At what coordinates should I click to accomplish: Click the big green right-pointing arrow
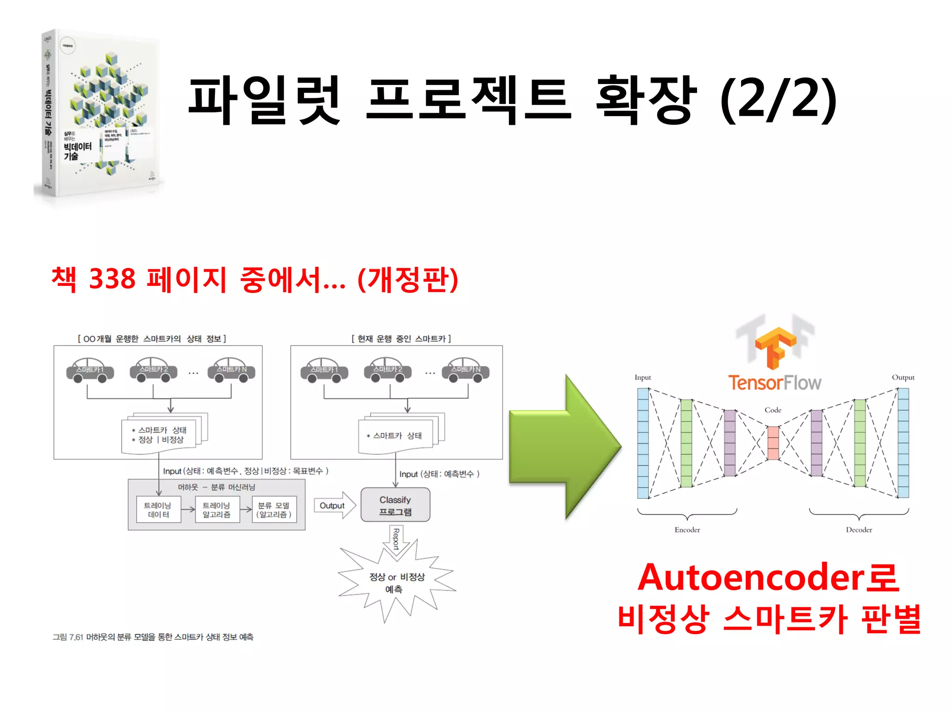tap(564, 447)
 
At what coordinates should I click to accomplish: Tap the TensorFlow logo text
tap(774, 383)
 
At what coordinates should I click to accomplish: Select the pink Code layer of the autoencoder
tap(773, 443)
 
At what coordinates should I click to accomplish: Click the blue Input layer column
tap(643, 443)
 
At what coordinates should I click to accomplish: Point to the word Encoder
tap(687, 530)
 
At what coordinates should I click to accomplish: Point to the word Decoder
tap(859, 530)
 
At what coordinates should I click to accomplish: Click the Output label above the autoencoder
tap(903, 377)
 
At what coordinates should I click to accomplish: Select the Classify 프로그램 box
tap(395, 505)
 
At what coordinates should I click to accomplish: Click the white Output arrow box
tap(334, 506)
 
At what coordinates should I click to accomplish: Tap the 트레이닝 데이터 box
tap(159, 510)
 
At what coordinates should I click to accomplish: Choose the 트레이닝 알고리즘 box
tap(217, 510)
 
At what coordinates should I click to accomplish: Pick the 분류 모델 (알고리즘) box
tap(274, 510)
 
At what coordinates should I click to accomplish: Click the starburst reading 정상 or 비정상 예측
tap(396, 583)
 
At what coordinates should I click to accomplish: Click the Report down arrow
tap(396, 540)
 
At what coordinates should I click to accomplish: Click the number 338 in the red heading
tap(112, 279)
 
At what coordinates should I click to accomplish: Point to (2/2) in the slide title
tap(778, 100)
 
